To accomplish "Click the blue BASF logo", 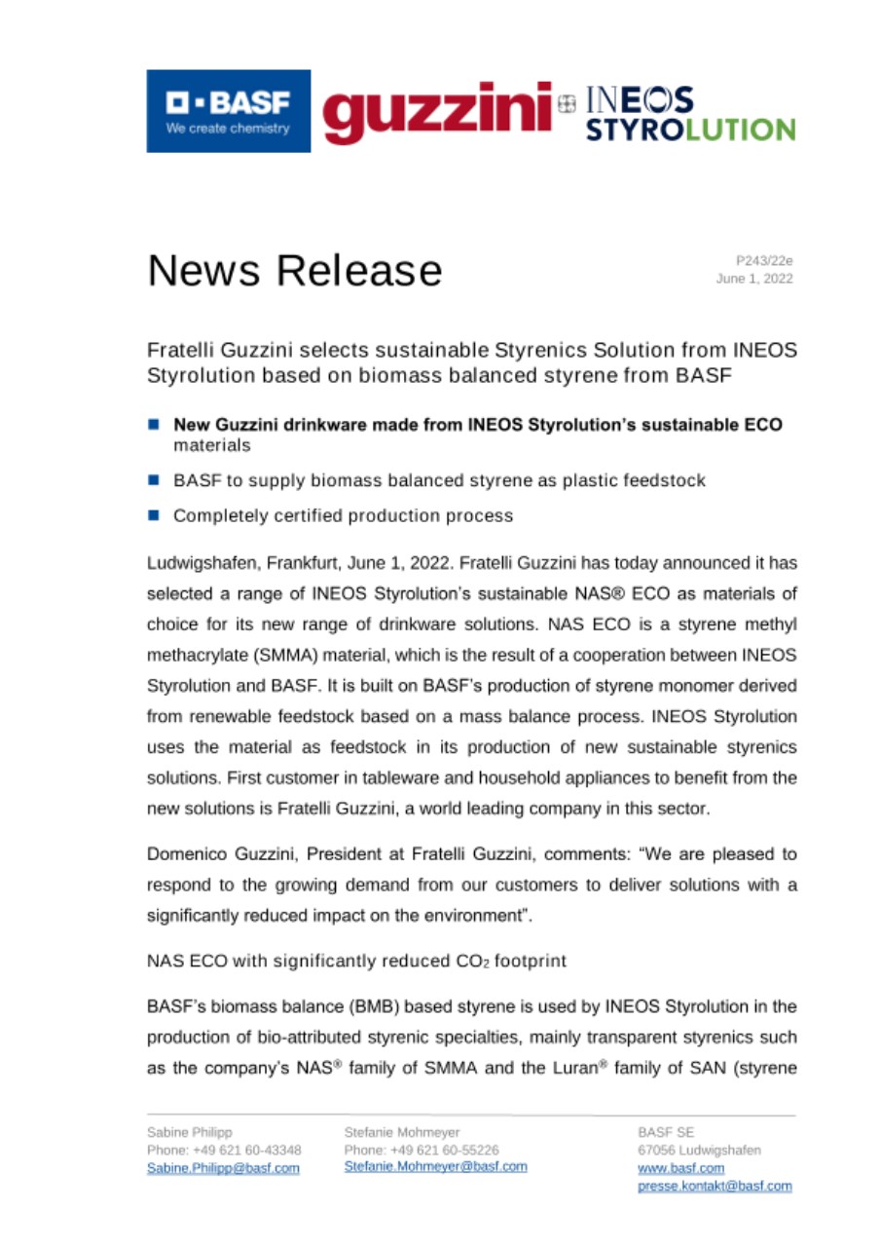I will coord(229,111).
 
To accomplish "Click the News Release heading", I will coord(294,270).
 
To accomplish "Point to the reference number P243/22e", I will coord(764,260).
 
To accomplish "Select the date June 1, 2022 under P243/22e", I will coord(754,279).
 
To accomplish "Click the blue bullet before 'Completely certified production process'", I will coord(154,515).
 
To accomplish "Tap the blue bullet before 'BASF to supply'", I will coord(154,480).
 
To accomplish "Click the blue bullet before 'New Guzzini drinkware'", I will coord(154,426).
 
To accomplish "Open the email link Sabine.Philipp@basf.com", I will coord(223,1168).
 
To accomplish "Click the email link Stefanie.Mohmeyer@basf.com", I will coord(435,1166).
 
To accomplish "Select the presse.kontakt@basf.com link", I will coord(714,1186).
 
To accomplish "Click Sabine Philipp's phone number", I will coord(223,1151).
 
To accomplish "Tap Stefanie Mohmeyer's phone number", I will coord(422,1150).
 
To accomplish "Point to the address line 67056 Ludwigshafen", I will coord(699,1151).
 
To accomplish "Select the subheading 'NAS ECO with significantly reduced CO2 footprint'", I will coord(356,961).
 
